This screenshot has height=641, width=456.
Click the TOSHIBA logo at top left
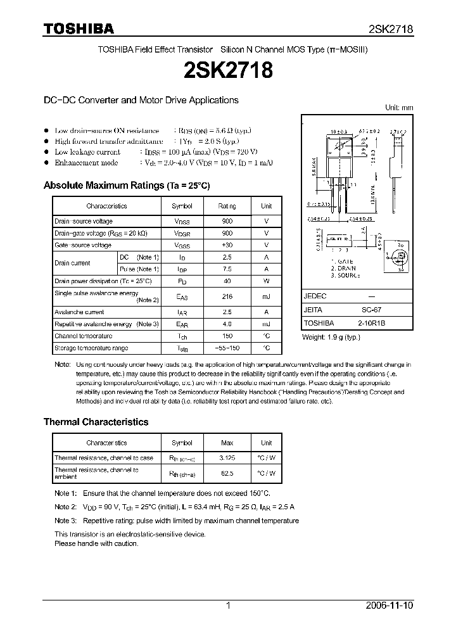click(79, 28)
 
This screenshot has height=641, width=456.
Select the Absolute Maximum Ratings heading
click(126, 186)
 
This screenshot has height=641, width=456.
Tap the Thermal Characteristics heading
click(96, 422)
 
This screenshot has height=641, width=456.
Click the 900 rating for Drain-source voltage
click(227, 221)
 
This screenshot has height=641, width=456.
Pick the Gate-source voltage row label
click(83, 245)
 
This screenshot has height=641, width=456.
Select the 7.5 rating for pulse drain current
click(227, 269)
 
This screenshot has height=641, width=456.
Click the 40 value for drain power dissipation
click(227, 281)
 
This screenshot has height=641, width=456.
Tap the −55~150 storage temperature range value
click(227, 348)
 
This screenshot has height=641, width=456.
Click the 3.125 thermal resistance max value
click(226, 458)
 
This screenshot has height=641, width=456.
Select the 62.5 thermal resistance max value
click(226, 473)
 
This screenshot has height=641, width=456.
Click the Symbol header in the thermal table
click(182, 443)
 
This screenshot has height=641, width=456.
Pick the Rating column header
click(227, 206)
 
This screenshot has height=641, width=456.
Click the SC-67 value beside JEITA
click(371, 310)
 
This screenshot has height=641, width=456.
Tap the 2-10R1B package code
click(371, 322)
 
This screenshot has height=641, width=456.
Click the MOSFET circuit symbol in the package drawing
click(399, 255)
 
